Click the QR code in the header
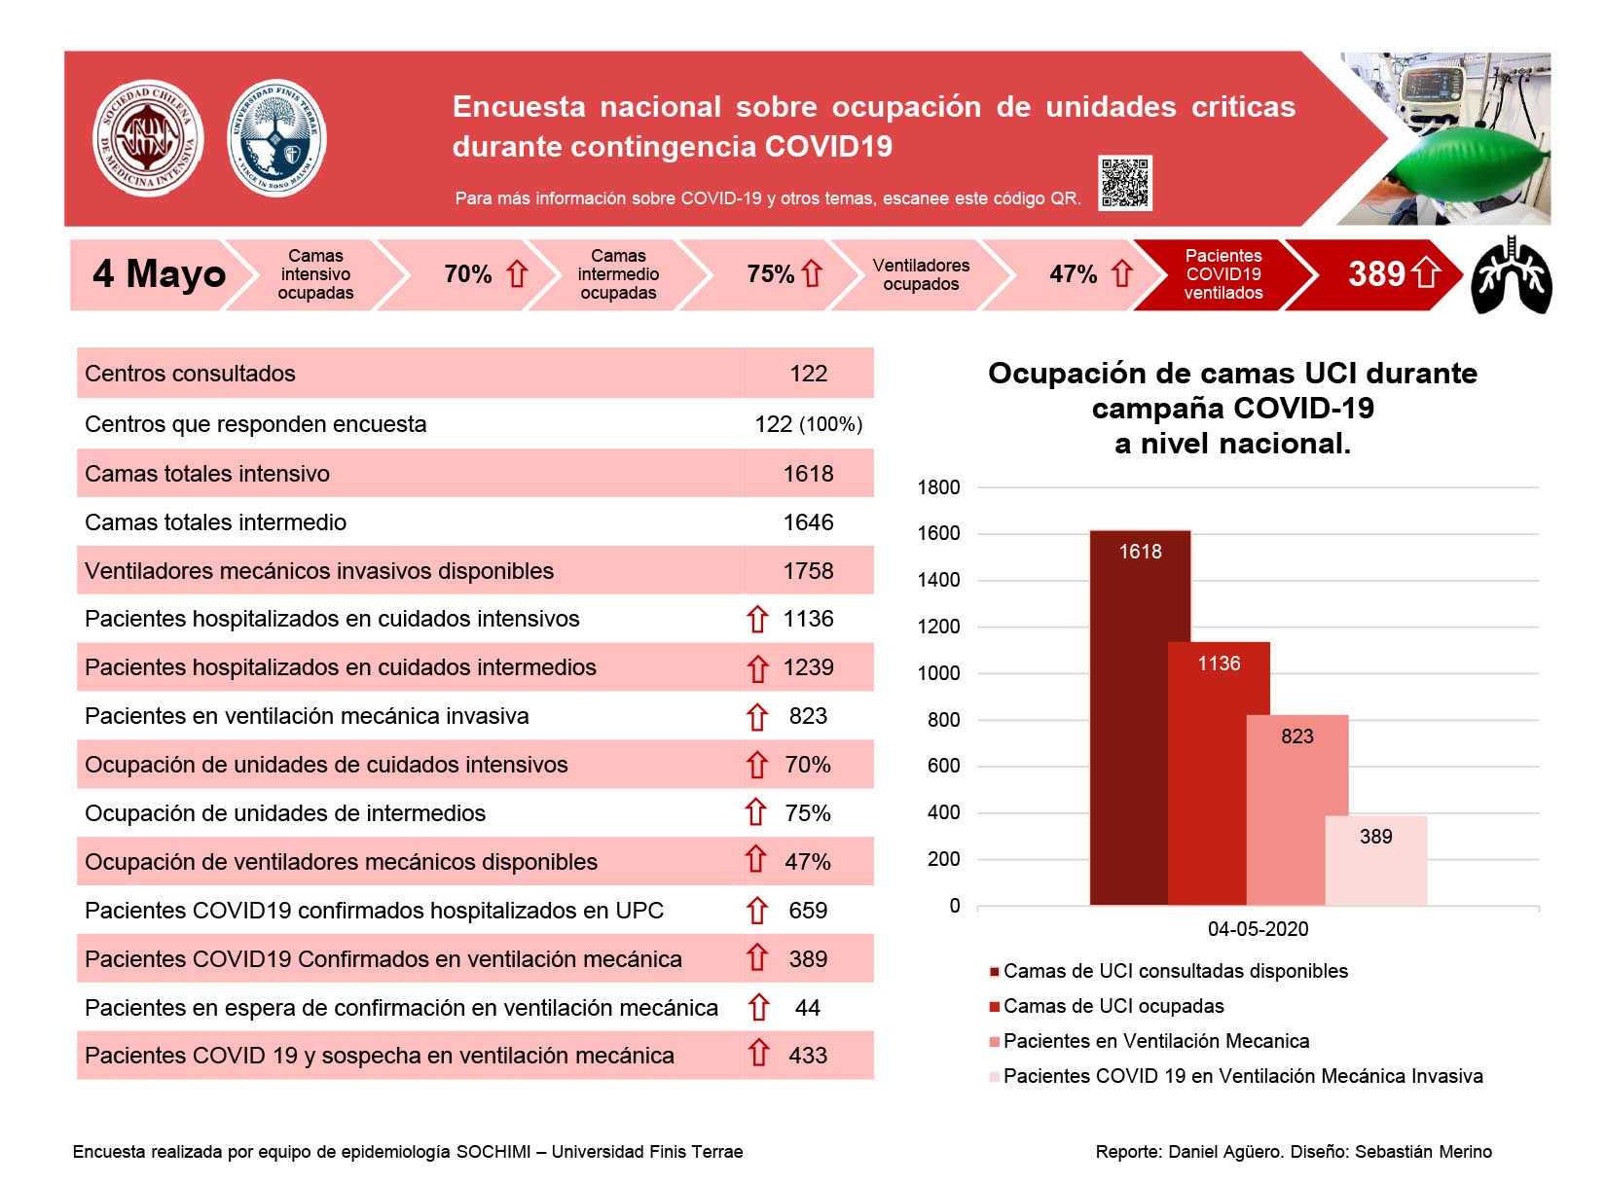coord(1124,182)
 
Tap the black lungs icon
coord(1512,275)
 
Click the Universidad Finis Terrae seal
coord(276,137)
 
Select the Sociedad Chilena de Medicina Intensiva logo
coord(148,137)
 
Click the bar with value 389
coord(1375,860)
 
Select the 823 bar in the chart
coord(1296,810)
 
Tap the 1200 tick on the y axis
coord(938,627)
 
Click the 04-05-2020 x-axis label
coord(1258,929)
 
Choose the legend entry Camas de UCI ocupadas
coord(1107,1005)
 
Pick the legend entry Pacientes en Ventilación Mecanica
coord(1150,1041)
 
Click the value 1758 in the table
coord(808,570)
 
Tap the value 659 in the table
coord(808,910)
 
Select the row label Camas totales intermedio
coord(216,521)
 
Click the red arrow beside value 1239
coord(757,668)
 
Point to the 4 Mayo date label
coord(160,273)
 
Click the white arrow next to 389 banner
coord(1426,273)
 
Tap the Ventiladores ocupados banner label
coord(921,274)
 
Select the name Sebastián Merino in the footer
coord(1423,1151)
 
